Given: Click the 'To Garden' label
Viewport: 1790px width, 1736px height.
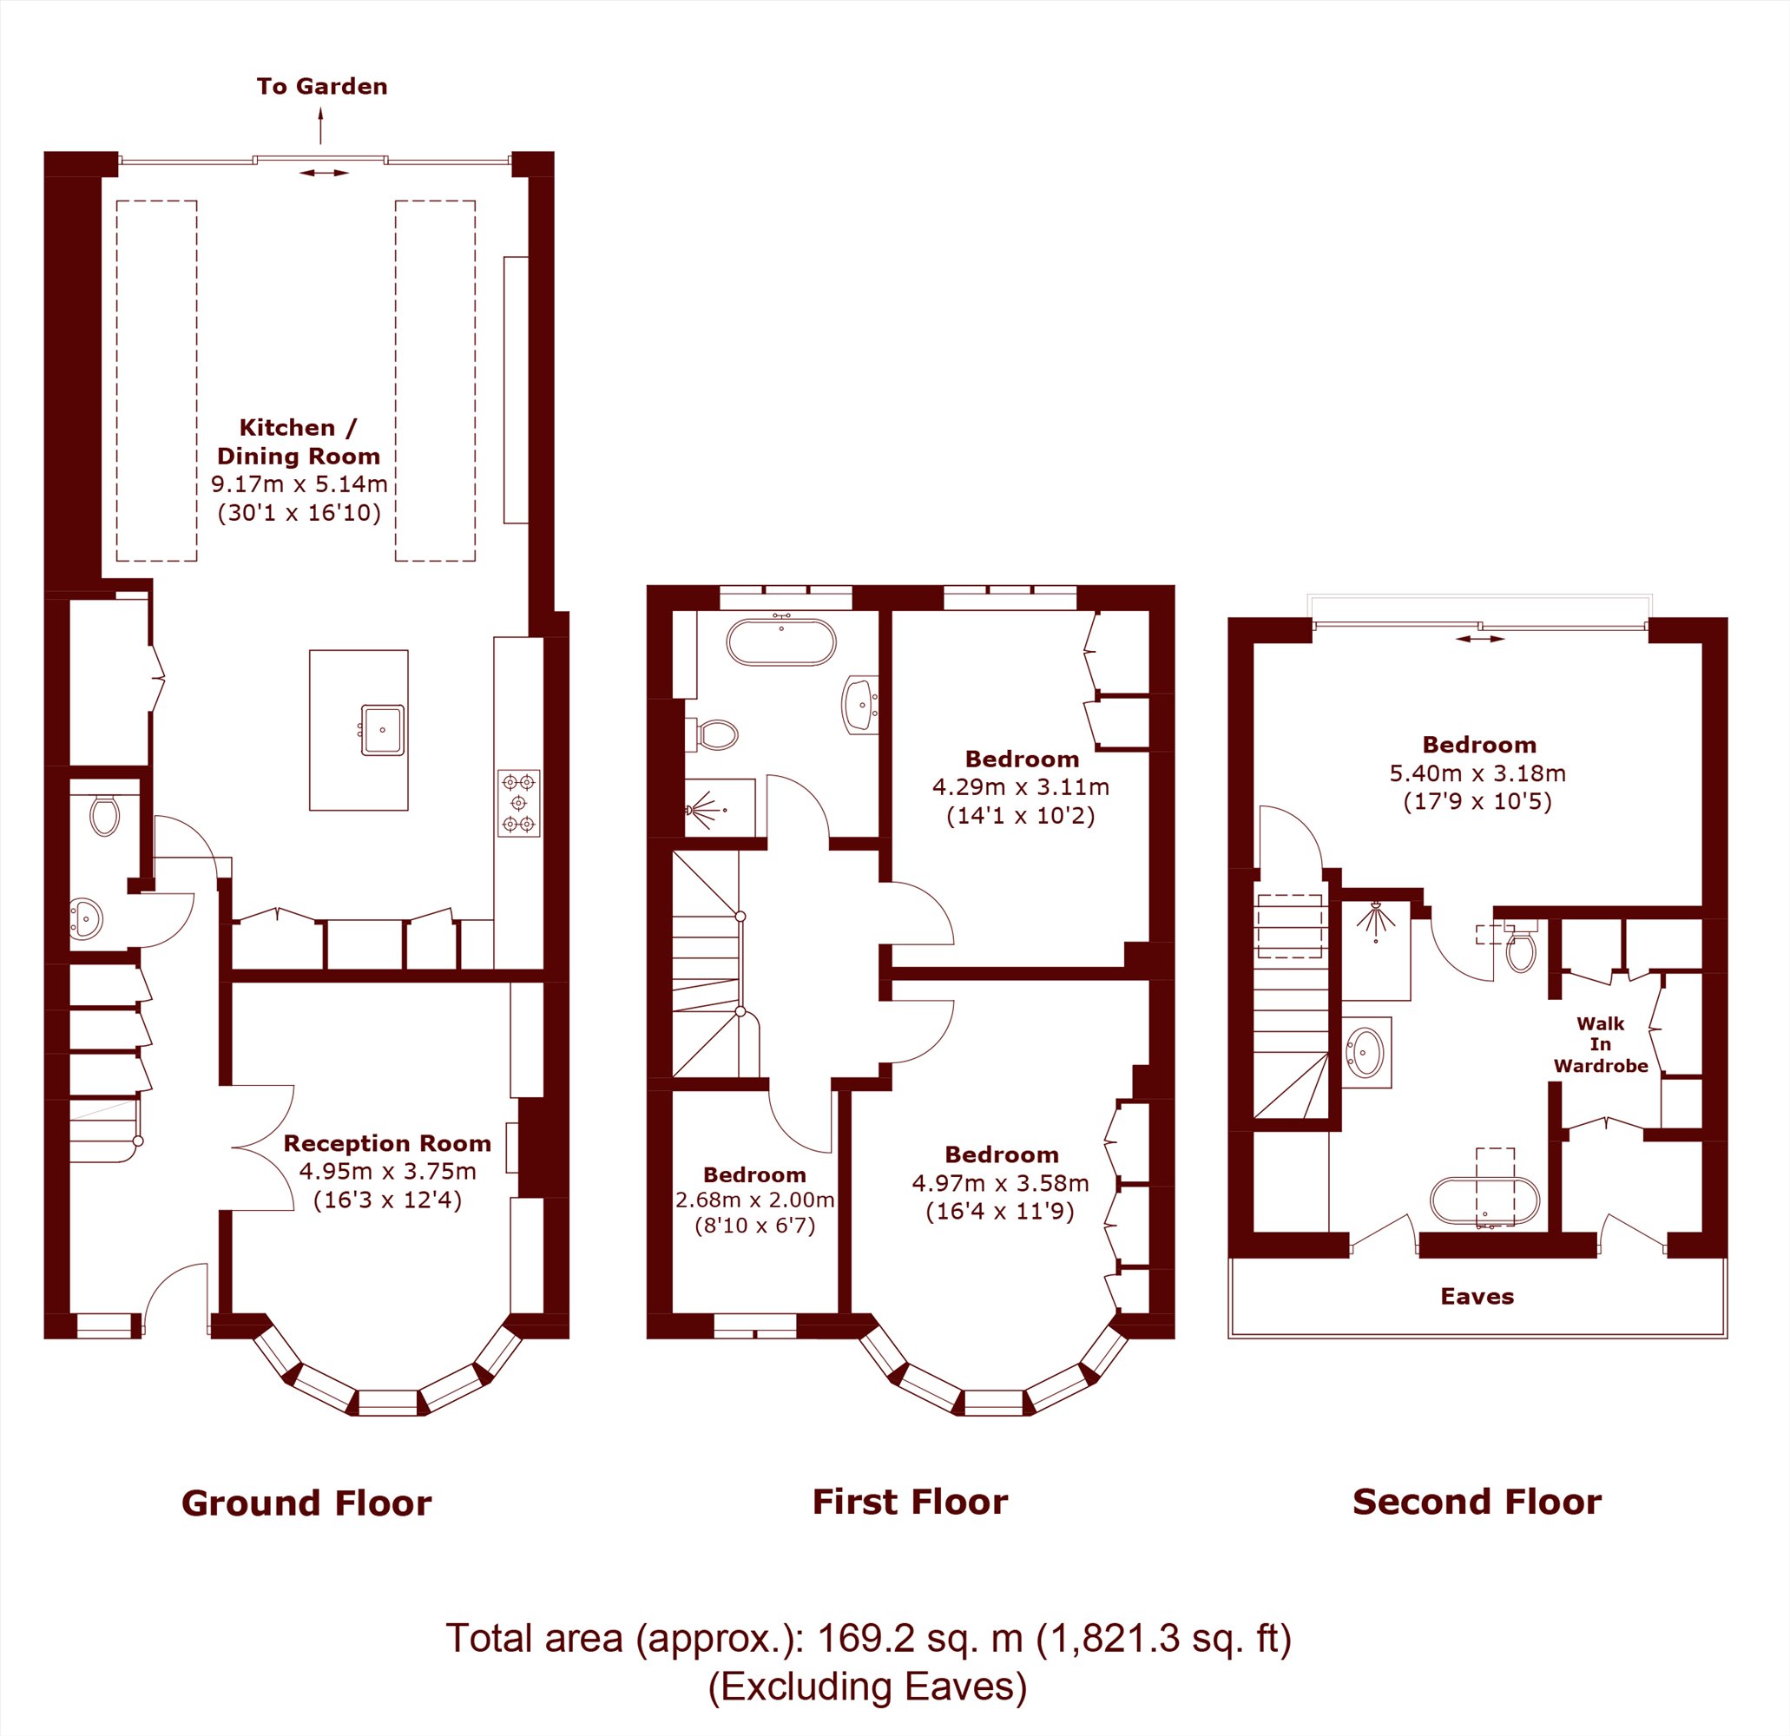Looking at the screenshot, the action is point(321,87).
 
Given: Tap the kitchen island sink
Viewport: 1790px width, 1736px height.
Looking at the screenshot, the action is point(383,730).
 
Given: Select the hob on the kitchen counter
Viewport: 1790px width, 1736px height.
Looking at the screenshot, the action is point(519,804).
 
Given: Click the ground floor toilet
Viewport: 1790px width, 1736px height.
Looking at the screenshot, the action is point(105,816).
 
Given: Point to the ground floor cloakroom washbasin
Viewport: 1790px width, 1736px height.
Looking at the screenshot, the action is point(86,918).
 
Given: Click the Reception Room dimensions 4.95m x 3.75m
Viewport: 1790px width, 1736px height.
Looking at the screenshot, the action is point(387,1171).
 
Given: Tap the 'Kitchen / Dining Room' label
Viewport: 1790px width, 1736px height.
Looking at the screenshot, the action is point(299,442).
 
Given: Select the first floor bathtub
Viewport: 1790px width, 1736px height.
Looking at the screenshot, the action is point(780,642).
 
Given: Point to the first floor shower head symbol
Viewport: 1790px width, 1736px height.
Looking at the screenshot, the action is point(705,809).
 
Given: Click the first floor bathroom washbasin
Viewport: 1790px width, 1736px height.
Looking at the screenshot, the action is point(859,704).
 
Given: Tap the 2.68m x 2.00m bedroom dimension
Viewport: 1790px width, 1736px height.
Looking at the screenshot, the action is point(754,1199).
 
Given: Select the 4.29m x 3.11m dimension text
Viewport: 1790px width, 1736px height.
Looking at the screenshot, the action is point(1021,786).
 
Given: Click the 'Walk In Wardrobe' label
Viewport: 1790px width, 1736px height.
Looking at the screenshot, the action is point(1601,1044).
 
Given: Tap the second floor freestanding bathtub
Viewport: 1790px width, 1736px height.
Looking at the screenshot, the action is point(1484,1200).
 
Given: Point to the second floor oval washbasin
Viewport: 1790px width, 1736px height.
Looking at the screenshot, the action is point(1366,1052).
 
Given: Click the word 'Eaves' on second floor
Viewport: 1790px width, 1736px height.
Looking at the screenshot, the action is point(1477,1297).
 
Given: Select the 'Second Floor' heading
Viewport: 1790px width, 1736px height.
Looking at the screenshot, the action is point(1477,1502).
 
